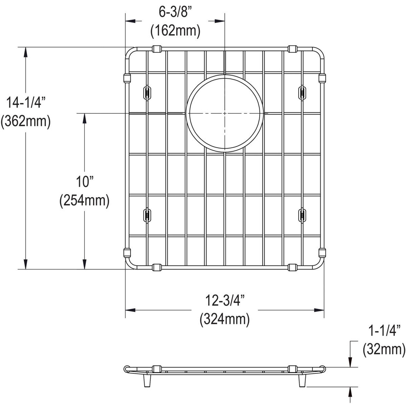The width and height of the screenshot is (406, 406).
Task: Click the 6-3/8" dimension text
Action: point(175,14)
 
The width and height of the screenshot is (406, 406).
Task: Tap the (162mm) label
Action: point(175,31)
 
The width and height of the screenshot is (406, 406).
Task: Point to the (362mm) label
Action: point(25,121)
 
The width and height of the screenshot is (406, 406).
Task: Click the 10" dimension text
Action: point(84,182)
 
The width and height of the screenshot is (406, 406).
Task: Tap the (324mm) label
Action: point(225,319)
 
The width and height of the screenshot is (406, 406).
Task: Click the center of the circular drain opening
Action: point(225,113)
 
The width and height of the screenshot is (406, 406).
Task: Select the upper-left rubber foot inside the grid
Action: point(147,92)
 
